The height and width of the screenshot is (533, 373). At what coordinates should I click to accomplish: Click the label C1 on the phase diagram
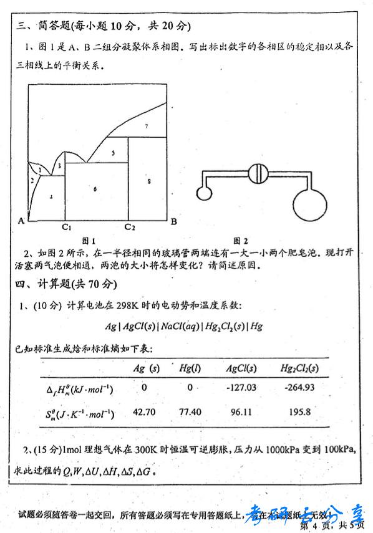67,226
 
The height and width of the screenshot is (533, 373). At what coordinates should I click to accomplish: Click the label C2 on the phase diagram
129,226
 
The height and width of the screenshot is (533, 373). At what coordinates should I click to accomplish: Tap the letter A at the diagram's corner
21,220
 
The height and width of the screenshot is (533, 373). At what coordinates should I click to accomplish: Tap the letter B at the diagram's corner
174,221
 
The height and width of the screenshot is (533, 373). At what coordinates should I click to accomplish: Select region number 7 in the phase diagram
146,126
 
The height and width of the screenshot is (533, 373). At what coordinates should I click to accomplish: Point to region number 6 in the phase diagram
95,188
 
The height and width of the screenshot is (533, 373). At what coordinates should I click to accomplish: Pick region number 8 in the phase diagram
149,181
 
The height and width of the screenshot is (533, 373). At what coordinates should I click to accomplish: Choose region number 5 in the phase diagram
113,152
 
